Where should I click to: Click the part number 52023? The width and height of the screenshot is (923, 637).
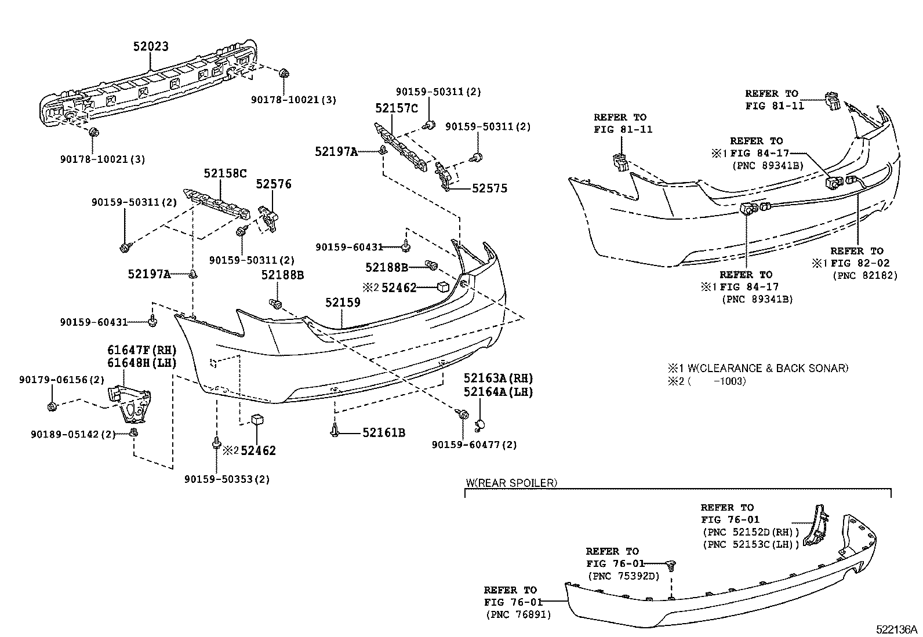[151, 46]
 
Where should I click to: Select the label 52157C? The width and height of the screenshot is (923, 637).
[396, 108]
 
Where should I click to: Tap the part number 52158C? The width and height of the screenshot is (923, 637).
[225, 173]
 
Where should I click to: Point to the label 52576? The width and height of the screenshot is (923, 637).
[274, 184]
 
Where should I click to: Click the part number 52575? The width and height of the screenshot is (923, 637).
[489, 188]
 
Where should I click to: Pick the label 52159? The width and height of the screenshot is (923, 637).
[343, 303]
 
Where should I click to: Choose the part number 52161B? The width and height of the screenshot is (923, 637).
[384, 432]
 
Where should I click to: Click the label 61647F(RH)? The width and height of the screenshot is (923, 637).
[141, 350]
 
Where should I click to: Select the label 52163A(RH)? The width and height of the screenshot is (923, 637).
[498, 378]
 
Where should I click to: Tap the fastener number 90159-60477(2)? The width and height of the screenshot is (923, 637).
[474, 445]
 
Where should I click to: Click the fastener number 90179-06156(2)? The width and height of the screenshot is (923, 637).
[61, 380]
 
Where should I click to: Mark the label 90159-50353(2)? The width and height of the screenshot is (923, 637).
[227, 479]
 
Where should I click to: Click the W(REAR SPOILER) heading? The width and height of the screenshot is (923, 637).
[512, 482]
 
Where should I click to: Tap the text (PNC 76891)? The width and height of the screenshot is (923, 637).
[518, 614]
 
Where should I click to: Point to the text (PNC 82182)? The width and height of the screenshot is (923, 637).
[864, 275]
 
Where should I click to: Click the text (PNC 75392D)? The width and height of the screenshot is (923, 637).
[624, 576]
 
